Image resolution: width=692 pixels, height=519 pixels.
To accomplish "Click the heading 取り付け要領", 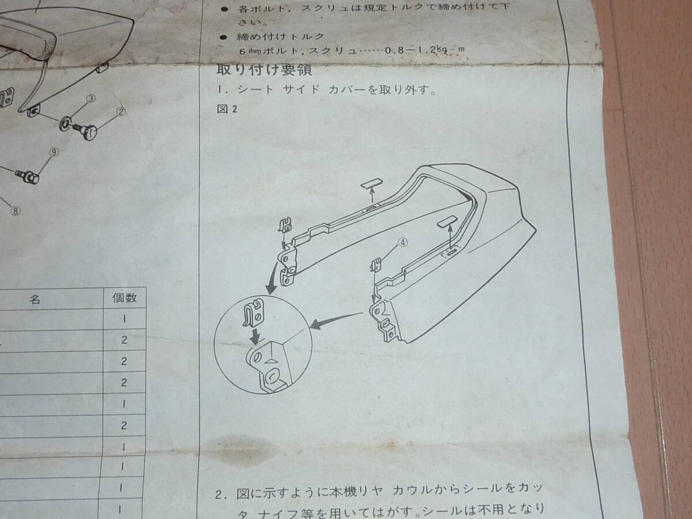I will (x=249, y=71).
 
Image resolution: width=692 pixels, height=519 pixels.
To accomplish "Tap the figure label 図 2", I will (x=227, y=110).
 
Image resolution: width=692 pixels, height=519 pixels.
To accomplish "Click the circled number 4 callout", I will (x=403, y=243).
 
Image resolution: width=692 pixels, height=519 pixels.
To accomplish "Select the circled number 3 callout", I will (x=91, y=99).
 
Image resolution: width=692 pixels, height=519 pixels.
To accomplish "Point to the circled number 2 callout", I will (x=121, y=112).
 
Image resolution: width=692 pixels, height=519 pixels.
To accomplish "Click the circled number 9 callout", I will (x=54, y=152).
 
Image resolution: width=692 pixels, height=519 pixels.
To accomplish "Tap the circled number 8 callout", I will (x=16, y=210).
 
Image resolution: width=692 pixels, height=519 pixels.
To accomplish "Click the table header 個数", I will (x=124, y=299).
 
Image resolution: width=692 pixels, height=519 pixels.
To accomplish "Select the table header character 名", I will (x=35, y=300).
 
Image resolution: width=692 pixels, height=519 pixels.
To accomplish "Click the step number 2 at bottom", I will (x=219, y=495).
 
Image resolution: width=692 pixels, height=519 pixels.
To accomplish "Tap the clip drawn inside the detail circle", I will (x=255, y=314).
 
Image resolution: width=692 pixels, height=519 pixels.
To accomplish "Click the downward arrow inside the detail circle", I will (x=254, y=334).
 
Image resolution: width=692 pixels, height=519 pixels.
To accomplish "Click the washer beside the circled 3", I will (x=66, y=123).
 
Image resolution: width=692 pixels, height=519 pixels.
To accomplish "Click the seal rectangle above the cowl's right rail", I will (x=447, y=221).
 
